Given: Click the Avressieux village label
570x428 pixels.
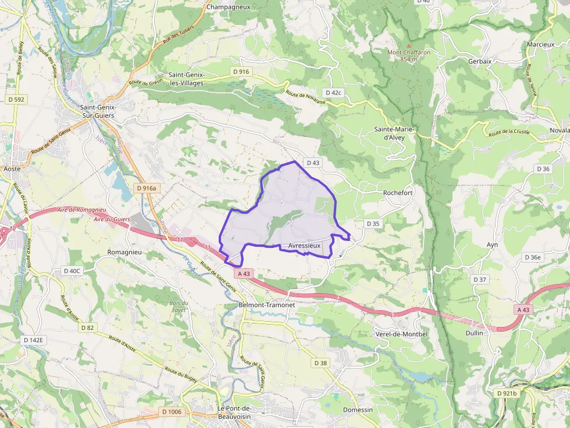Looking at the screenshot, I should pos(304,246).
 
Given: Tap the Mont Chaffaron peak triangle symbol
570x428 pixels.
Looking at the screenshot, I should pos(408,45).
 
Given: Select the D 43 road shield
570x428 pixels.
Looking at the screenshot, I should pos(312,163).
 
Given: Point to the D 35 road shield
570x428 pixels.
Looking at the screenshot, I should pos(373,224).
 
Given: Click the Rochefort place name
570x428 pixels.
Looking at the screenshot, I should pos(398,193).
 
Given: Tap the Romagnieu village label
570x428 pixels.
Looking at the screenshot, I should pos(125,253).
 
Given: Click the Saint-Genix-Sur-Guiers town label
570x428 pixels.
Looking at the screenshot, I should pos(98,112).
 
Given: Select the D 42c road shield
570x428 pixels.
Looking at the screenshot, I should pos(334,92).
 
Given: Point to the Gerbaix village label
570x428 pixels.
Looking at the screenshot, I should pos(480,60).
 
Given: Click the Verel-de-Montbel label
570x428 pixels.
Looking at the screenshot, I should pos(402,333).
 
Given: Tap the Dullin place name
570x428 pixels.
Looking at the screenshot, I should pos(475,333).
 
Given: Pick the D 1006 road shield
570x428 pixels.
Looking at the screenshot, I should pos(172,412).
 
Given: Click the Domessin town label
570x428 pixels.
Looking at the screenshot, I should pos(358,409).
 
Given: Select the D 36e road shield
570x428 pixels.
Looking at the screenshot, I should pos(532,257).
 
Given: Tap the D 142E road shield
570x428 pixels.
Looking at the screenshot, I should pos(33,340).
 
